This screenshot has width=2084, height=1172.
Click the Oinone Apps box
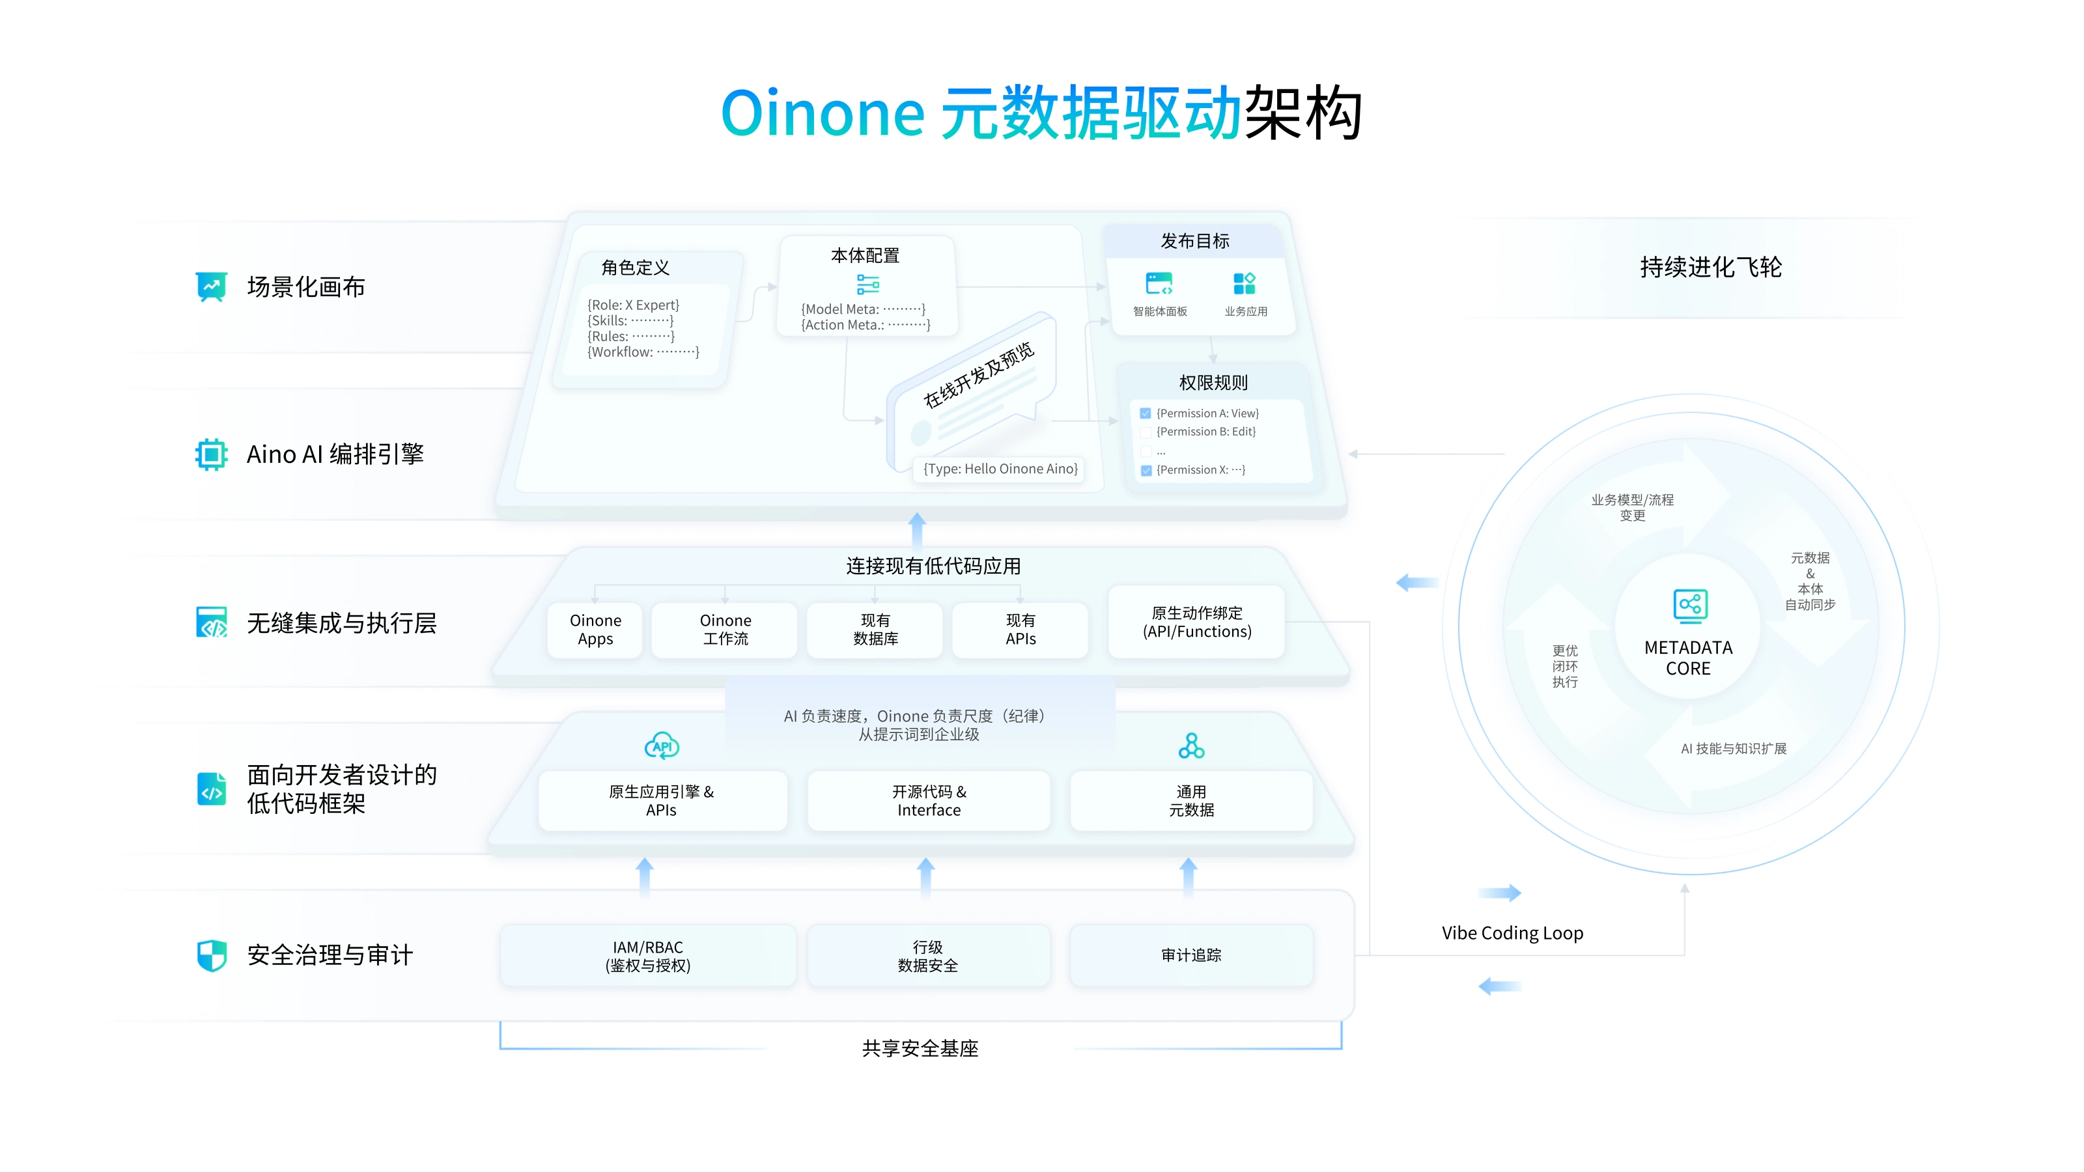click(x=595, y=629)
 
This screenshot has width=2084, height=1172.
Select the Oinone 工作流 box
click(x=725, y=629)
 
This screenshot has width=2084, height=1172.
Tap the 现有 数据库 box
click(x=875, y=629)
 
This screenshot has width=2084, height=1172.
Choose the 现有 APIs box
click(x=1020, y=629)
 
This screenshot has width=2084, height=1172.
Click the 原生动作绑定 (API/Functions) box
click(x=1196, y=622)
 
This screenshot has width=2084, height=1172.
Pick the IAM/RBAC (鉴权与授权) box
click(x=647, y=955)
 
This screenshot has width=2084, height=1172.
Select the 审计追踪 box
click(x=1191, y=955)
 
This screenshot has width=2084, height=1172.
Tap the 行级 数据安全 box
click(x=928, y=955)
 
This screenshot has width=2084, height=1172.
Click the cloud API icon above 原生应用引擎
click(x=662, y=746)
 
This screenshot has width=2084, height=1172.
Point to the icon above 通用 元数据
click(x=1191, y=746)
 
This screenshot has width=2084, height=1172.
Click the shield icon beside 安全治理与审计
click(x=212, y=955)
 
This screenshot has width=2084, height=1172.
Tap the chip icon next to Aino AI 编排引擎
click(x=211, y=454)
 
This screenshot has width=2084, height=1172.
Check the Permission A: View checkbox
click(x=1146, y=413)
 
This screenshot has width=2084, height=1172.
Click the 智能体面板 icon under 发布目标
click(x=1159, y=284)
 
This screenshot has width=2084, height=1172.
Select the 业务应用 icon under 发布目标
click(x=1245, y=284)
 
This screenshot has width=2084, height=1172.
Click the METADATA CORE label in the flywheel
click(x=1689, y=658)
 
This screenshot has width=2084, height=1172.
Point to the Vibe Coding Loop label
click(x=1512, y=932)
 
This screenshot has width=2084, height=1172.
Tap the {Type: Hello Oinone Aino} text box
click(x=1001, y=469)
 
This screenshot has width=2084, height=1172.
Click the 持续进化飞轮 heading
click(x=1710, y=267)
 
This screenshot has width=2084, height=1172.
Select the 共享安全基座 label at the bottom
click(x=920, y=1048)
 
